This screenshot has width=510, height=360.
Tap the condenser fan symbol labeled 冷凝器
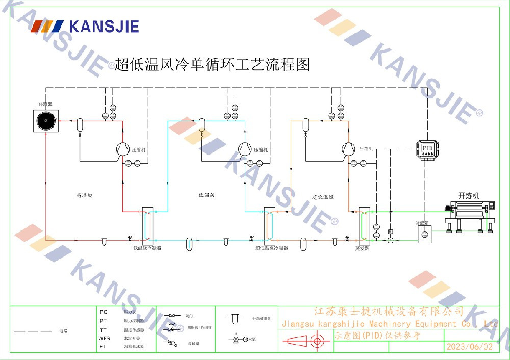[x=46, y=121]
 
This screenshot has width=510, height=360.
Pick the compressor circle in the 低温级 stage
[x=245, y=148]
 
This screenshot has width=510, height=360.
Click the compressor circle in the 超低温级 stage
[x=348, y=148]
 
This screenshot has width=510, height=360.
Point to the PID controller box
[x=427, y=147]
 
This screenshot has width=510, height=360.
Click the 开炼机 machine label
[x=469, y=195]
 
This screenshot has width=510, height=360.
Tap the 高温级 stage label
[x=83, y=195]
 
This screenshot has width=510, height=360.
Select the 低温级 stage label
[x=207, y=195]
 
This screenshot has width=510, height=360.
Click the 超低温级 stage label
[x=323, y=196]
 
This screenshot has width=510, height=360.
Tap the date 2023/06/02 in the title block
[x=470, y=346]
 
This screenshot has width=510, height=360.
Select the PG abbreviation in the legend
[x=104, y=311]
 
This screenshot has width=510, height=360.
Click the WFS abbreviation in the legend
[x=105, y=338]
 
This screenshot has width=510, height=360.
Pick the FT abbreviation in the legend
[x=104, y=346]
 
